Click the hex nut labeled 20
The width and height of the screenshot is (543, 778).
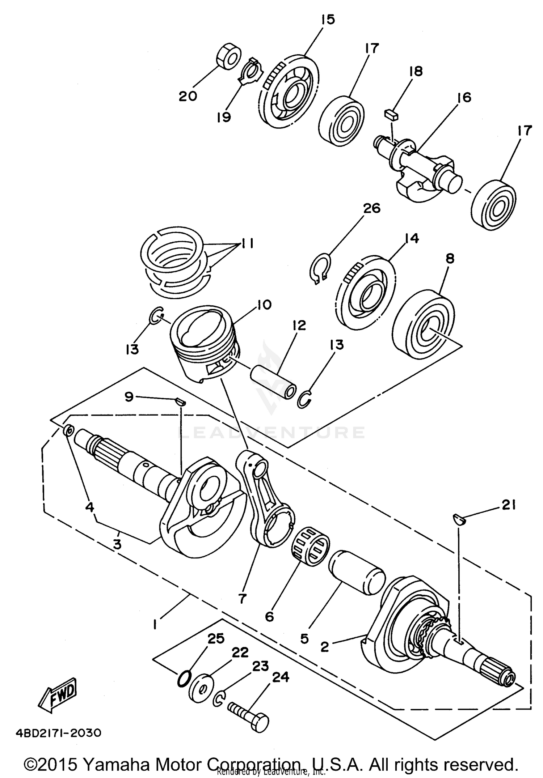229,57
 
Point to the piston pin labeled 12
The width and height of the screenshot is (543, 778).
273,383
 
